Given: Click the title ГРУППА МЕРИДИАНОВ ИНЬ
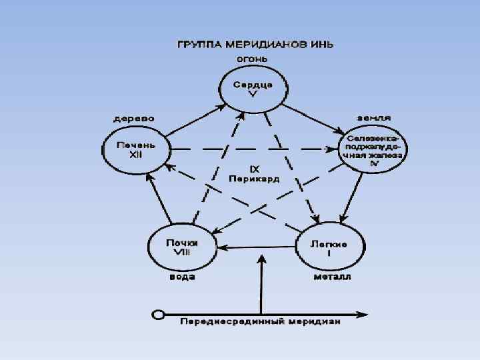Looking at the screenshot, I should (255, 45).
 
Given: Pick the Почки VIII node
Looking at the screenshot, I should (181, 247).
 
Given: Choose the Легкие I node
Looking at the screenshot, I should (328, 247).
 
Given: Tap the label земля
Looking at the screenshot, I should (373, 117).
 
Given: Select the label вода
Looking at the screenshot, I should (181, 277).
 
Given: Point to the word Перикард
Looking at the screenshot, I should (254, 179).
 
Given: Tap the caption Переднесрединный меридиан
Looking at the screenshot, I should (261, 323).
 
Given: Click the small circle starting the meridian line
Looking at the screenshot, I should (158, 313).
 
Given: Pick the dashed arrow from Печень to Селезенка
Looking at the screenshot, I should (253, 149).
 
